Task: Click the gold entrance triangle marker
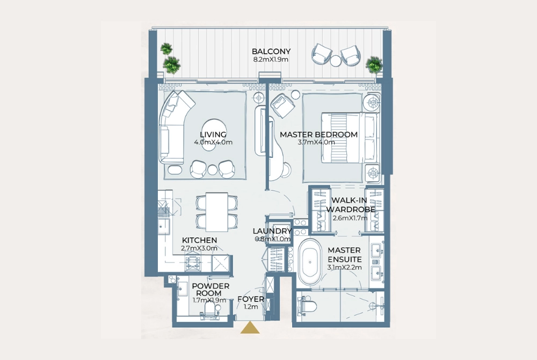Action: click(x=250, y=328)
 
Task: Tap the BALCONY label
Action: click(x=271, y=52)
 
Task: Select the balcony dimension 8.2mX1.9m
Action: click(x=271, y=59)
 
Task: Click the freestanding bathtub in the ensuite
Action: click(x=310, y=262)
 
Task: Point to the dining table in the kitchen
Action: click(x=217, y=212)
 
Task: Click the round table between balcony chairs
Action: click(x=336, y=61)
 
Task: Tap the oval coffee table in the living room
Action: click(x=214, y=128)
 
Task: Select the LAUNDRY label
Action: click(x=272, y=231)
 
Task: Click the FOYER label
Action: click(x=251, y=299)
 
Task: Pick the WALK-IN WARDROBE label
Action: click(x=350, y=205)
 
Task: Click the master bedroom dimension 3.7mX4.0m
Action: click(x=317, y=142)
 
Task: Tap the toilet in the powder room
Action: click(x=209, y=311)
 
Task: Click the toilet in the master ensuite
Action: click(x=307, y=306)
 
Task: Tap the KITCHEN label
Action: click(x=199, y=240)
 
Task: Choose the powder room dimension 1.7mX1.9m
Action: click(x=209, y=300)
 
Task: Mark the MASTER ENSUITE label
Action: click(x=344, y=255)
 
